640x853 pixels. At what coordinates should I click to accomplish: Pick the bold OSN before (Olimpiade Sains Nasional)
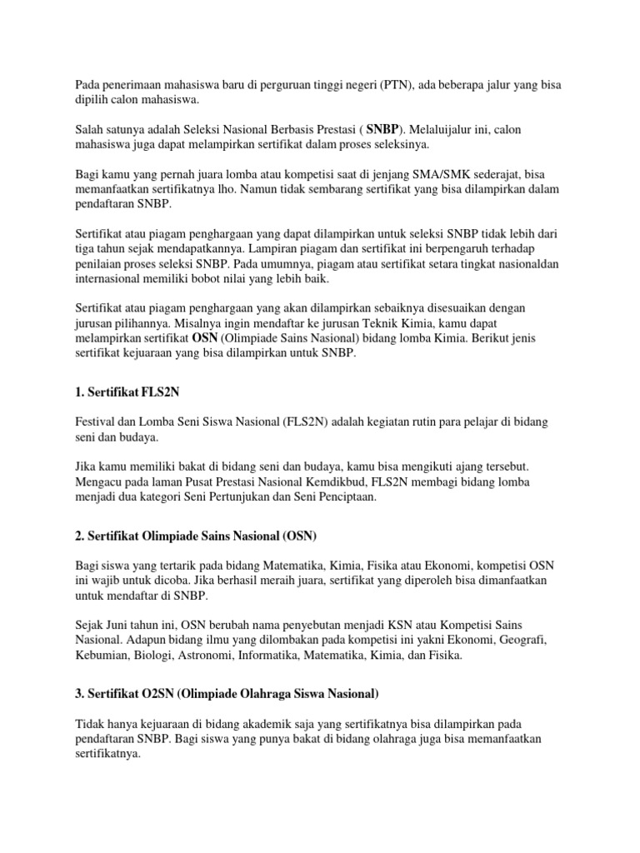tap(204, 338)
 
